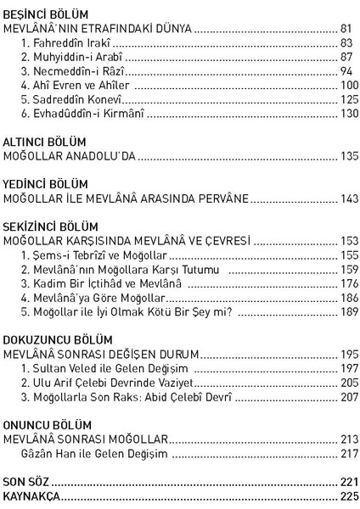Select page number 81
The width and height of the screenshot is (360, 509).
(343, 28)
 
